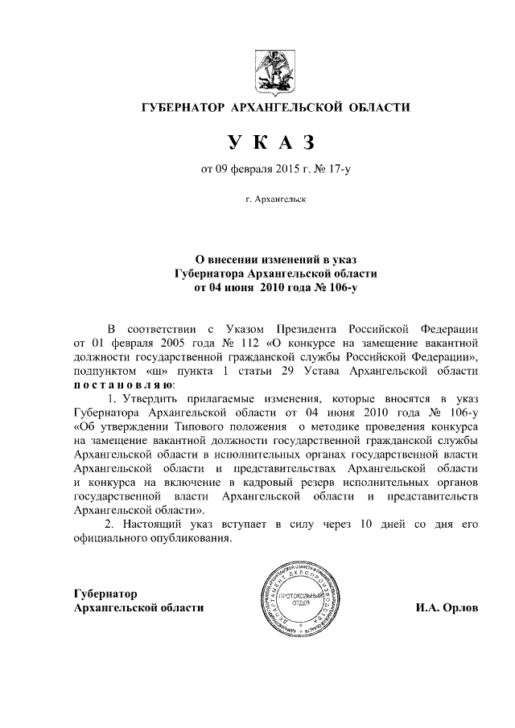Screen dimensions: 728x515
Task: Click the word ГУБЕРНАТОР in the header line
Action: coord(183,107)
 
